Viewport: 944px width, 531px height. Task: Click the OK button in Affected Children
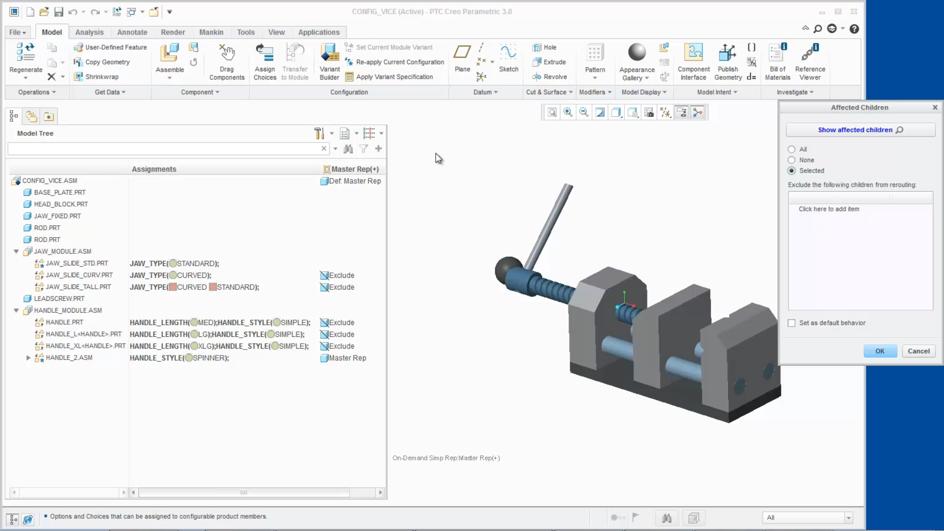click(x=880, y=351)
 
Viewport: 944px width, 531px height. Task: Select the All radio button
click(x=792, y=149)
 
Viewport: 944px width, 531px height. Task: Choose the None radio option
click(x=792, y=160)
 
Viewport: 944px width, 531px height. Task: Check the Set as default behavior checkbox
click(x=792, y=323)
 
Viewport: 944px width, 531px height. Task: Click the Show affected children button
click(x=860, y=130)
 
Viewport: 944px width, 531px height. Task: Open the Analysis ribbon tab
click(x=89, y=32)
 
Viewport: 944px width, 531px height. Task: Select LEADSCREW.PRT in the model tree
click(x=59, y=299)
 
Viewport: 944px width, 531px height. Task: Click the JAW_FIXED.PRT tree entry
click(x=57, y=216)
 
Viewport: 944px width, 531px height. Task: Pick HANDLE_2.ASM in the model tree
click(x=69, y=358)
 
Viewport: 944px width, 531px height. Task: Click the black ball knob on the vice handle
click(x=508, y=270)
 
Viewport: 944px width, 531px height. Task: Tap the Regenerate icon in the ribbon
click(x=26, y=53)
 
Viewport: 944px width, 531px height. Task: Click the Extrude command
click(x=554, y=62)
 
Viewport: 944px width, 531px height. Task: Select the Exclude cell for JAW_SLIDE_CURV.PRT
click(x=341, y=276)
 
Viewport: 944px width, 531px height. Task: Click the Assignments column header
click(x=154, y=169)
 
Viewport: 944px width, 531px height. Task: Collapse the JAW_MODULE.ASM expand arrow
click(x=16, y=252)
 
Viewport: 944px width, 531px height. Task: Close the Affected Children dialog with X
click(x=935, y=108)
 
